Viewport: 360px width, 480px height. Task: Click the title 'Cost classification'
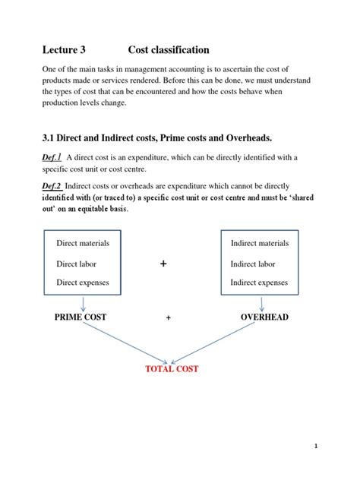click(168, 50)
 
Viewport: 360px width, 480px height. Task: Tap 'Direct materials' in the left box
click(83, 243)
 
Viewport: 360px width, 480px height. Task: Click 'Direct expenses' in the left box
click(83, 283)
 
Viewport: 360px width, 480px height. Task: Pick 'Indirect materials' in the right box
click(259, 243)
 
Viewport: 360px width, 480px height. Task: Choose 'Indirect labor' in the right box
click(252, 264)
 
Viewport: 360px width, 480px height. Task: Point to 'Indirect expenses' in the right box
click(259, 283)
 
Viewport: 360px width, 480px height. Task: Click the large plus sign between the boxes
click(163, 263)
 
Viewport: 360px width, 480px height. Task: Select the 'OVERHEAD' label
click(264, 317)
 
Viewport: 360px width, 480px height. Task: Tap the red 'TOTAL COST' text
click(172, 369)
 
